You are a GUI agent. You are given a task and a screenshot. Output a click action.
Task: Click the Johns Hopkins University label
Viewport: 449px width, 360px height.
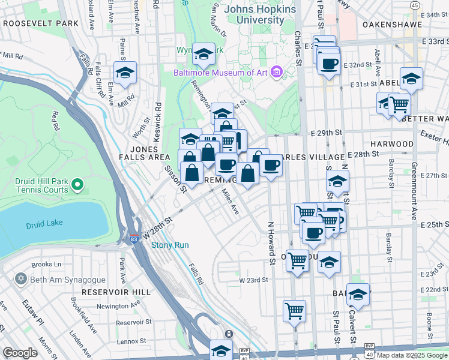[x=260, y=14]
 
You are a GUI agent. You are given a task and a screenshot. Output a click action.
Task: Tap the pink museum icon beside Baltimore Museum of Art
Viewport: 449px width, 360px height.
[x=276, y=73]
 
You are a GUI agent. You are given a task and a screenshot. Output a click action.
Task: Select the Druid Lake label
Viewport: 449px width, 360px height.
[x=40, y=226]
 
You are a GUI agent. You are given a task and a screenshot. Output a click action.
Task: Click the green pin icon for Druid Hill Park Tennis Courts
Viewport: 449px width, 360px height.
[x=77, y=184]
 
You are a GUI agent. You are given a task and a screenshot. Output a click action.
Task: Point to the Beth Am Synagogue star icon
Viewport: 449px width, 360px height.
[x=22, y=280]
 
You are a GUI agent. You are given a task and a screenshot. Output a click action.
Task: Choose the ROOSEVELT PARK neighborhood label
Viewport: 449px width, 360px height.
[x=40, y=23]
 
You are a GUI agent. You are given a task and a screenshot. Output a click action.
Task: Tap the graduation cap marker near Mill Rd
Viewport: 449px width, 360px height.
[x=125, y=73]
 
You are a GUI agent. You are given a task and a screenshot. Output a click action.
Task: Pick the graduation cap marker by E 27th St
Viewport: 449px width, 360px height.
[x=338, y=181]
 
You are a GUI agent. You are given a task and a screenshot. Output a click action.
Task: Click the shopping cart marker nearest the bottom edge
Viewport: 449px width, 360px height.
[x=294, y=311]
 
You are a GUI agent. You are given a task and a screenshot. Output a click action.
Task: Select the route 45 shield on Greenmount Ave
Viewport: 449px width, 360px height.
[x=415, y=5]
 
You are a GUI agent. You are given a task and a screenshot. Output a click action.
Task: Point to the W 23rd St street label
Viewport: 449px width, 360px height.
[x=252, y=280]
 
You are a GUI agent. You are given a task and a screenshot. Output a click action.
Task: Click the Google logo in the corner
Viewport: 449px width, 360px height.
[x=20, y=353]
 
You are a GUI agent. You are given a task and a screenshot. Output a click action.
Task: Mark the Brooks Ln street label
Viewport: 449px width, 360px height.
[x=47, y=264]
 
